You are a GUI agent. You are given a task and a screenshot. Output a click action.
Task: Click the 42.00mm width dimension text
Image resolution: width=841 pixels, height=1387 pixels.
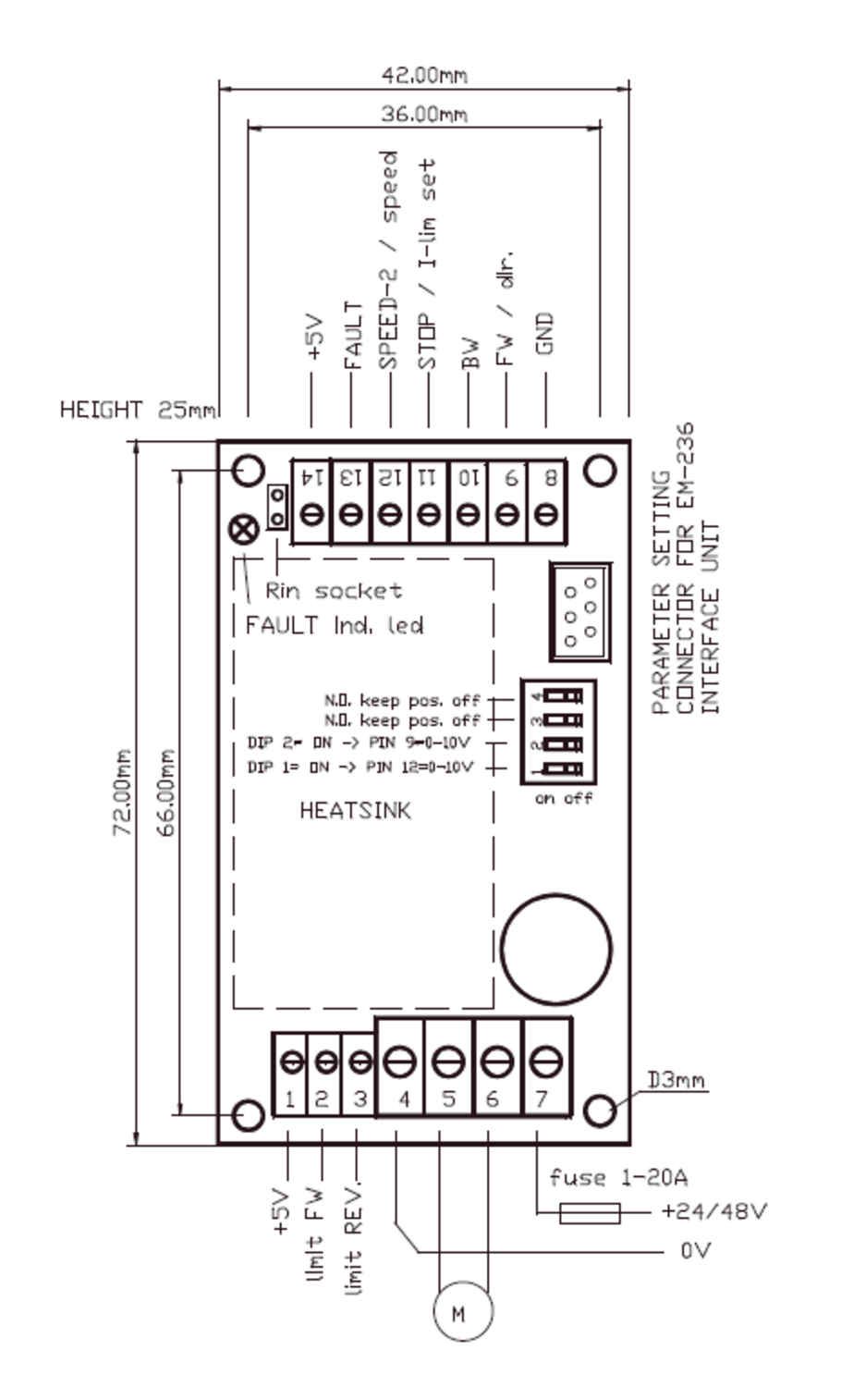coord(424,75)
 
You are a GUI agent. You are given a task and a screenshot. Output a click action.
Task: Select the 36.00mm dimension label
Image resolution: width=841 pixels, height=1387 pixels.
coord(424,115)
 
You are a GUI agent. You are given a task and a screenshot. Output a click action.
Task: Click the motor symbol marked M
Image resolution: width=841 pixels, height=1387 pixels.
coord(462,1310)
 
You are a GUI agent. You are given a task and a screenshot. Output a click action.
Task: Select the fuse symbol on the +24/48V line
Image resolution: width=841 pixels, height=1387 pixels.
coord(590,1212)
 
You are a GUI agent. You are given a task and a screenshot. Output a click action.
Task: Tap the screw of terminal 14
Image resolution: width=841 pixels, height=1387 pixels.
coord(311,514)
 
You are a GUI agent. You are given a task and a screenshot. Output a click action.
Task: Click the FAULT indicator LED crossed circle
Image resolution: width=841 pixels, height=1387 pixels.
coord(243,530)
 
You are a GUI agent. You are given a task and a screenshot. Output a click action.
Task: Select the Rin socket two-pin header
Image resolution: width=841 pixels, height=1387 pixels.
coord(276,507)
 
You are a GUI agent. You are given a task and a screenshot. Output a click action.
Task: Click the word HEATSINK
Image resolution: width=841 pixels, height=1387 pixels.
coord(355,811)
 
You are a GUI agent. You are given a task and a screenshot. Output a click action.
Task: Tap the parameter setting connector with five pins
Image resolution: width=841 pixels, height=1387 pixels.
coord(579,611)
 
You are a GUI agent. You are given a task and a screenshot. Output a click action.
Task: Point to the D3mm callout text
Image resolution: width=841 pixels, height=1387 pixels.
coord(677,1080)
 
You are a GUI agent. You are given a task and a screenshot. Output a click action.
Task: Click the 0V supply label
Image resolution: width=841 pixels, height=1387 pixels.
coord(695,1251)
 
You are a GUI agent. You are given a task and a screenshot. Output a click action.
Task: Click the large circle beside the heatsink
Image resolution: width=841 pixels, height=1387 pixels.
coord(555,949)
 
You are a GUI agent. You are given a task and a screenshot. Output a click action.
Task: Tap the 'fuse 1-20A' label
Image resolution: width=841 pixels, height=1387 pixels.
coord(617,1177)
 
